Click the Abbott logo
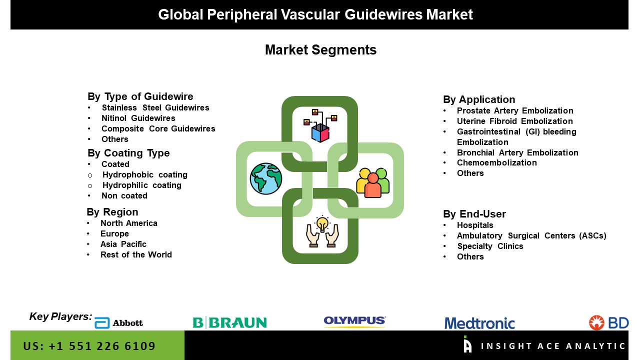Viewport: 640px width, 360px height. [118, 323]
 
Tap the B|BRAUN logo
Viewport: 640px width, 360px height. [229, 322]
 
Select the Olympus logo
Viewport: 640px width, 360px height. [354, 321]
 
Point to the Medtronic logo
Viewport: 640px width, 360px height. [479, 323]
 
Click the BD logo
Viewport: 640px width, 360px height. [608, 322]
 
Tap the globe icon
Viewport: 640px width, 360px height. [266, 178]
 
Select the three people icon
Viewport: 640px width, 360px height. [372, 183]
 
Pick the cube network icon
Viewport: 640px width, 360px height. [320, 125]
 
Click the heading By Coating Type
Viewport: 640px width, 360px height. [128, 153]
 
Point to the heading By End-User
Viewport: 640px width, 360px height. [474, 213]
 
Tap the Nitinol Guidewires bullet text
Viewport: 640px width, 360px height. [138, 118]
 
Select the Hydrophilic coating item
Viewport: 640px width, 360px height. [141, 185]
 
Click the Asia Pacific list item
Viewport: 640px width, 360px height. [123, 244]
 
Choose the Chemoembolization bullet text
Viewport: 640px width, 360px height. [497, 162]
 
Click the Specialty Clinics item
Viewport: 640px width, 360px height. [490, 246]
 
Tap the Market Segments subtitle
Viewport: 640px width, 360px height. [320, 49]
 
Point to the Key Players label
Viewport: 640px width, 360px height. [60, 316]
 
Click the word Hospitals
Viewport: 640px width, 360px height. [475, 225]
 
